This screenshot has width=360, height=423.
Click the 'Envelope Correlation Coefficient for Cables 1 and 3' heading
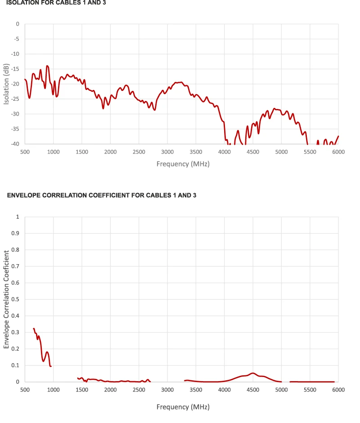click(x=102, y=195)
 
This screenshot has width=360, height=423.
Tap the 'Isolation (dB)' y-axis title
click(x=6, y=84)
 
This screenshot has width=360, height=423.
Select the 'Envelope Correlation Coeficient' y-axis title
click(x=6, y=299)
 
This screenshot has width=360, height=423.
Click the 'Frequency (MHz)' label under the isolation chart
click(x=183, y=164)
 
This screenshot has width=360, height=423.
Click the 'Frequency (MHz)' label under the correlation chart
click(x=183, y=407)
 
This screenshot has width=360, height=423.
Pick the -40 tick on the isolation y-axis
click(x=16, y=144)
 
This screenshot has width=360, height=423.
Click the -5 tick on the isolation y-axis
click(x=17, y=39)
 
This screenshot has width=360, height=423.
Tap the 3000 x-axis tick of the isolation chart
click(x=167, y=152)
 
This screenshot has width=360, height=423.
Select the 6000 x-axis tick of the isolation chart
click(x=338, y=152)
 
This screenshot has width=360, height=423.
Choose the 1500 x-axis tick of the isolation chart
click(x=82, y=152)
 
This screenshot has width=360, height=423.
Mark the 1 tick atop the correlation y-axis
click(x=18, y=216)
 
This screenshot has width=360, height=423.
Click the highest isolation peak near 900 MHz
click(x=47, y=66)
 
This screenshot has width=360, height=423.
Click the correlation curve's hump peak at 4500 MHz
click(x=253, y=373)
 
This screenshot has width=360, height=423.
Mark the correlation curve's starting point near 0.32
click(x=34, y=328)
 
